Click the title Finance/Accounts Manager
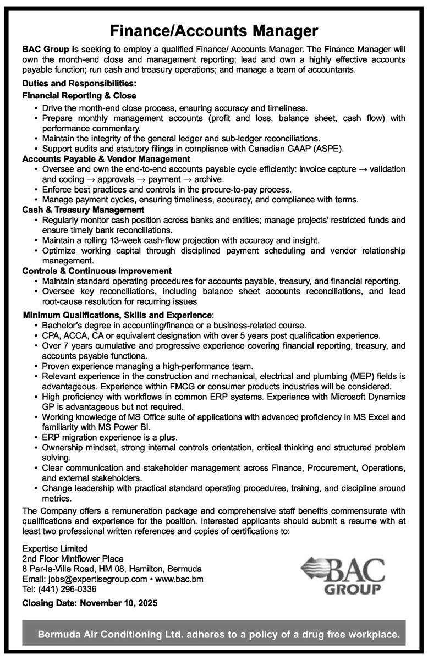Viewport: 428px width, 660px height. click(x=213, y=29)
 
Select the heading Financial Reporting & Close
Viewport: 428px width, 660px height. click(x=79, y=95)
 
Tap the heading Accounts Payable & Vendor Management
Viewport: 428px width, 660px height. click(x=106, y=158)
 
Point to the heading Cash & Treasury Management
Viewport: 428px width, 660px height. click(x=83, y=210)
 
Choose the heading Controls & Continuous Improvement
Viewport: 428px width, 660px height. click(x=97, y=271)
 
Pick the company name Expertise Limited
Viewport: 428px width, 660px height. click(x=54, y=548)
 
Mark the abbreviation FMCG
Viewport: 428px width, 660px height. click(x=211, y=386)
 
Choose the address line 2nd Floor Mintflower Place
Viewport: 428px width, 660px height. click(x=73, y=558)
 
